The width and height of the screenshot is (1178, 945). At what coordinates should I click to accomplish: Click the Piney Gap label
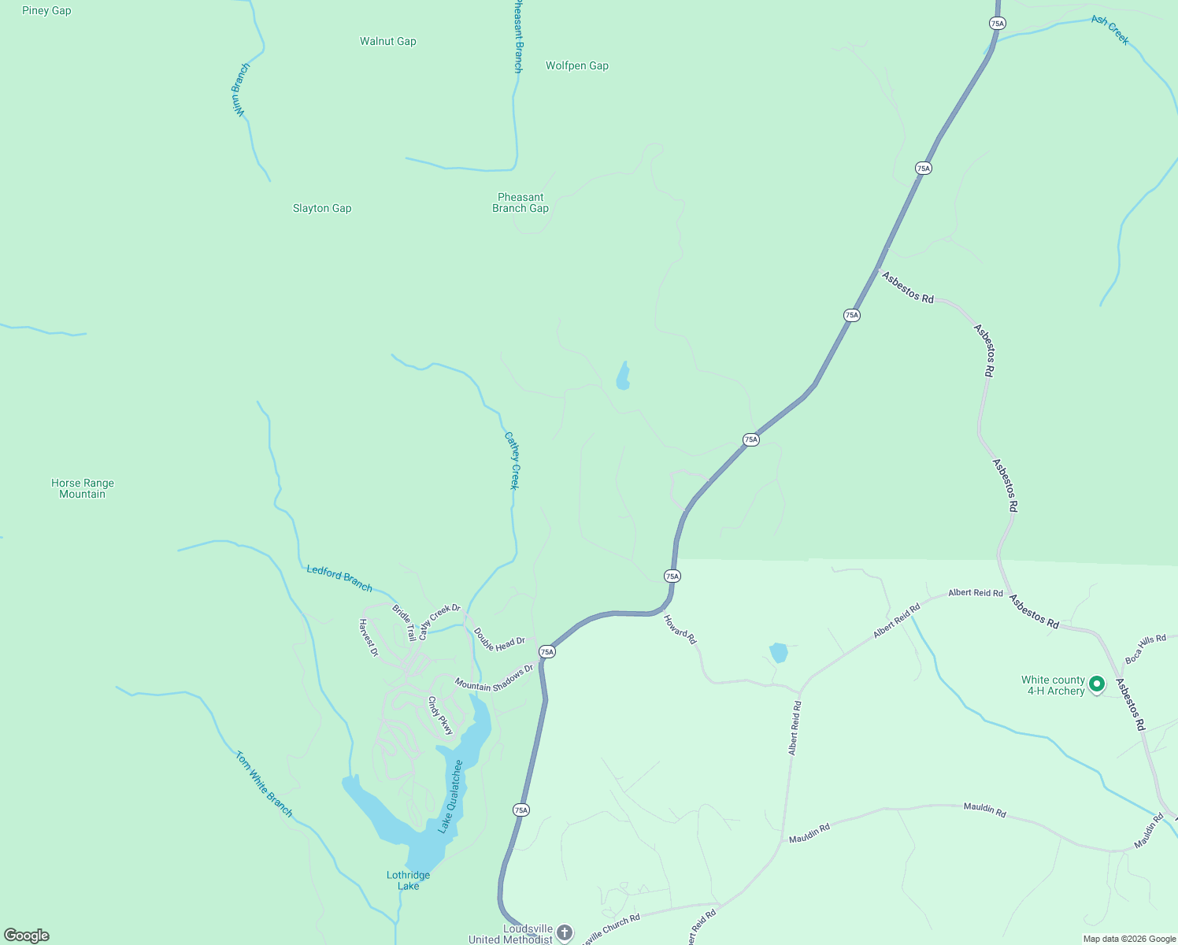tap(46, 11)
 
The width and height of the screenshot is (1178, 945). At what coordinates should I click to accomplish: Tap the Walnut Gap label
tap(387, 41)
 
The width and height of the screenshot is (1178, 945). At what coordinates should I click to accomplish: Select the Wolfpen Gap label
tap(576, 66)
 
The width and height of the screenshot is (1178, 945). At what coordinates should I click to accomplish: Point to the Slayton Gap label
tap(322, 209)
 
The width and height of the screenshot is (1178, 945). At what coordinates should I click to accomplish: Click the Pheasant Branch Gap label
tap(520, 203)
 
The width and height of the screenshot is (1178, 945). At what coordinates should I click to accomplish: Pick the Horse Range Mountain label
tap(83, 489)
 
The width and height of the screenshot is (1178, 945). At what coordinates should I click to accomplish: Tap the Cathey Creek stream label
tap(512, 461)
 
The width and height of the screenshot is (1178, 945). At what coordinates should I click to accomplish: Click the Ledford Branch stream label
tap(339, 578)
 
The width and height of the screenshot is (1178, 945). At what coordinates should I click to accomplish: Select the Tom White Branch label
tap(264, 784)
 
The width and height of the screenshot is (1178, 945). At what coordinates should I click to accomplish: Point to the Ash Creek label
tap(1110, 30)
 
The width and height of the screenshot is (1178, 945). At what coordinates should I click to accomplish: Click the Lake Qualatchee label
tap(450, 796)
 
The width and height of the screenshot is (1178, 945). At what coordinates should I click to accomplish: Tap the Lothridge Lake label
tap(408, 880)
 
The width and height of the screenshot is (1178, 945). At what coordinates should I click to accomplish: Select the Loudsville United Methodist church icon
tap(564, 933)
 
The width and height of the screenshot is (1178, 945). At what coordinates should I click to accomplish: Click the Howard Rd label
tap(680, 630)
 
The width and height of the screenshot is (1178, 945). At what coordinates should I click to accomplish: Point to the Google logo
tap(27, 936)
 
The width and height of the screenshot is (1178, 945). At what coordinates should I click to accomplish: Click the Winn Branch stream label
tap(240, 91)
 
